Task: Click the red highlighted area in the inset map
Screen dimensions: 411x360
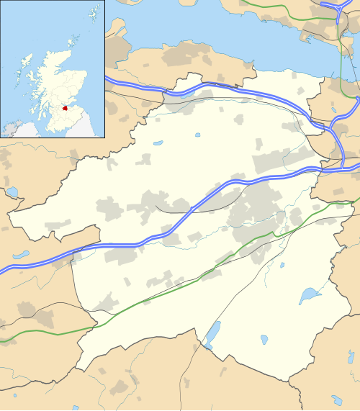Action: point(74,108)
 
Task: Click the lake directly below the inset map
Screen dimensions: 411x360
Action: point(12,192)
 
